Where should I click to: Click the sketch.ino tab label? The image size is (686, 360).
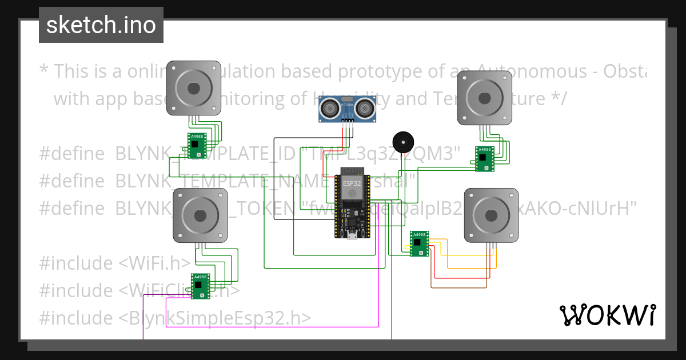coord(101,25)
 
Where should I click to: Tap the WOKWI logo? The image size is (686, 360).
coord(607,315)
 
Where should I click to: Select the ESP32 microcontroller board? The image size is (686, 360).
coord(352,203)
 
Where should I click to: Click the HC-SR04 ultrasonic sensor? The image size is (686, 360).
coord(348,109)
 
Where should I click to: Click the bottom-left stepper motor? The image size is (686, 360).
coord(200,215)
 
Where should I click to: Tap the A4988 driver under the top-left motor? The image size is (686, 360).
coord(197,145)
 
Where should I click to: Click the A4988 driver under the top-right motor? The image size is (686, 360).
coord(485,159)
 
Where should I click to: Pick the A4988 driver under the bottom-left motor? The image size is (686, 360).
coord(201,286)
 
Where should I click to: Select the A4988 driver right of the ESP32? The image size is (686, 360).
coord(419,243)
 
